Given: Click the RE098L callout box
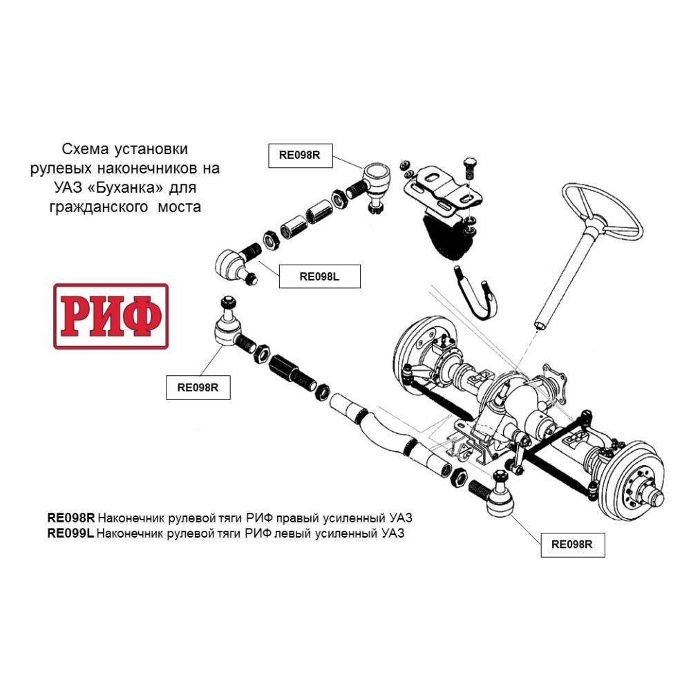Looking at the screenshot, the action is click(319, 276).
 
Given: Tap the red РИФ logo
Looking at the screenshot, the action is click(111, 316).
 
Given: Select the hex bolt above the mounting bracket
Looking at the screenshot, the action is click(471, 168).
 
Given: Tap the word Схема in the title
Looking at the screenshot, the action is click(85, 149).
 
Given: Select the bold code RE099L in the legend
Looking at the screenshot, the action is click(70, 533).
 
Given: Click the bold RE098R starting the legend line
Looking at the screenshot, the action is click(71, 518).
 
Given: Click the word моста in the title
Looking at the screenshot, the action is click(180, 207).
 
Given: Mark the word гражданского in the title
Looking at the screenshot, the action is click(99, 207).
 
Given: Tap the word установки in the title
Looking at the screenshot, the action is click(151, 149).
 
